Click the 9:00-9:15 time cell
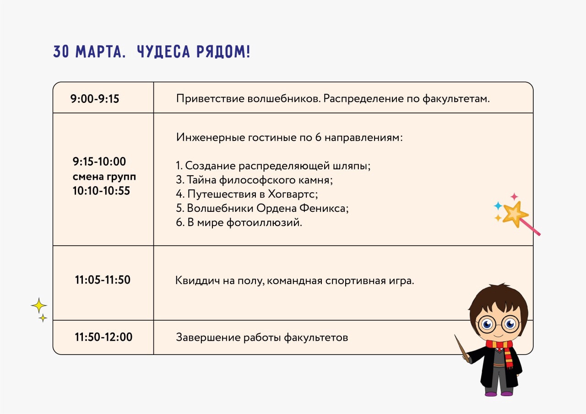pyautogui.click(x=95, y=99)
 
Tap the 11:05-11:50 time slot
pyautogui.click(x=103, y=280)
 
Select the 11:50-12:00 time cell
pyautogui.click(x=103, y=337)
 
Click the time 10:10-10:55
pyautogui.click(x=101, y=191)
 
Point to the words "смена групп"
pyautogui.click(x=104, y=177)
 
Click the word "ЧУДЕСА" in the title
pyautogui.click(x=163, y=52)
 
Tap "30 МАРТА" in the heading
pyautogui.click(x=89, y=52)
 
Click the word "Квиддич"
pyautogui.click(x=197, y=281)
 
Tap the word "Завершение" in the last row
pyautogui.click(x=208, y=338)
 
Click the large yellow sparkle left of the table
pyautogui.click(x=39, y=305)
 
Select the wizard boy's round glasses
pyautogui.click(x=499, y=324)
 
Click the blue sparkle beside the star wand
pyautogui.click(x=498, y=206)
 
